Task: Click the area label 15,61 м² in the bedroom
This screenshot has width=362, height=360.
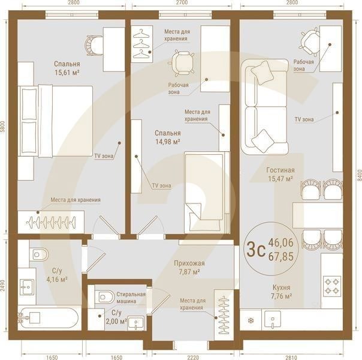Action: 67,72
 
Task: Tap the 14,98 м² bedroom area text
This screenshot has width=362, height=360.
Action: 168,142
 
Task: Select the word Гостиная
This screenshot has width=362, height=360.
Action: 280,170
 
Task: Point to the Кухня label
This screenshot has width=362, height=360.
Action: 280,287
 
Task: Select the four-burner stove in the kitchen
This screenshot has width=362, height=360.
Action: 332,285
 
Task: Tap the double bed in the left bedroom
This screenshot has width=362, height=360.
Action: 56,121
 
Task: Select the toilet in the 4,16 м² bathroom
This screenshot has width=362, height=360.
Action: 39,254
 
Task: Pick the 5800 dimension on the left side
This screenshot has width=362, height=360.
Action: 4,127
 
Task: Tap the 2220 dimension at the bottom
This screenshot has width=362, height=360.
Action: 192,357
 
